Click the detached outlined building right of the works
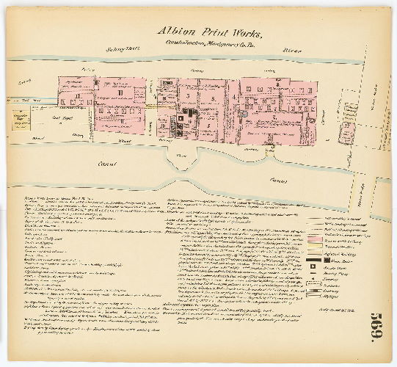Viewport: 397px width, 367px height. (x=344, y=132)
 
